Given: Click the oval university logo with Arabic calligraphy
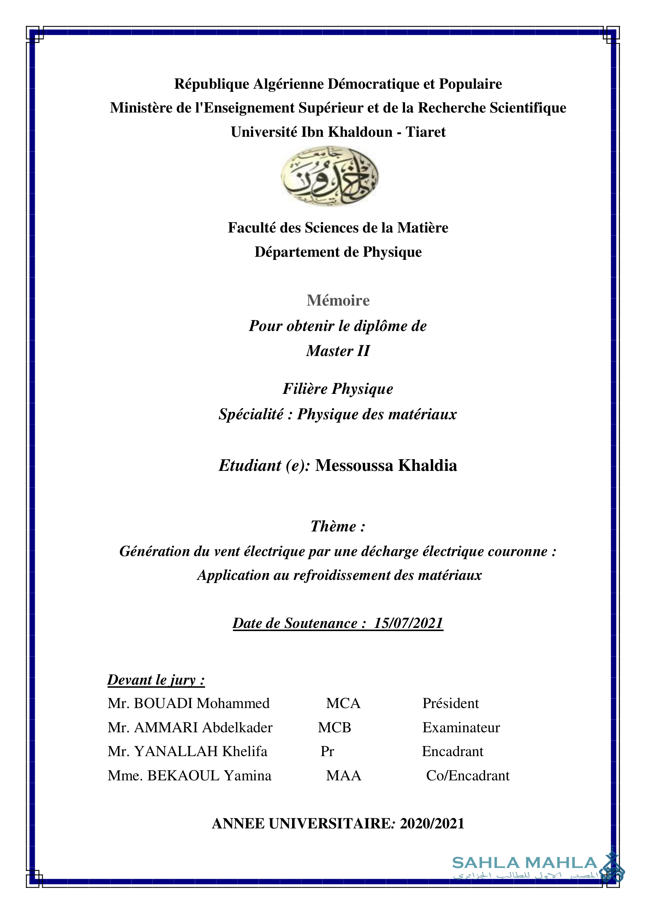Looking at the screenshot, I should pos(329,175).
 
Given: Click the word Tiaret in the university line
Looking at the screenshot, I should pos(425,132).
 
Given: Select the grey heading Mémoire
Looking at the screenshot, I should pos(338,300).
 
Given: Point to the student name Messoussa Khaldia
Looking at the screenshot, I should pos(386,466).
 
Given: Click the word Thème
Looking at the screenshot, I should pos(334,526).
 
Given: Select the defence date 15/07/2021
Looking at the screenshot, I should pos(408,623).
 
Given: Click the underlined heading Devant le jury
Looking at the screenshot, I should pos(156,680).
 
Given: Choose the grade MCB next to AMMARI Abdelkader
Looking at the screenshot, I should pos(335,728).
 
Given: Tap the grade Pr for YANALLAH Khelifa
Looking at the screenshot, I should pos(327,751).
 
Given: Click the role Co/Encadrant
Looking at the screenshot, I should pos(468,775).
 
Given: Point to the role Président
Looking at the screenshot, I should pos(450,703).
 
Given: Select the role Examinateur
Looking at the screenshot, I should pos(461,728).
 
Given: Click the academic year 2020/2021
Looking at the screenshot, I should pos(432,824).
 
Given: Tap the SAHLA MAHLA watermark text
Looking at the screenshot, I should pos(525,863).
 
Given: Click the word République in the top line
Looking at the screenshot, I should pos(212,84).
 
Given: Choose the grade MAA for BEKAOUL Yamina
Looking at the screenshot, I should pos(344,775).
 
